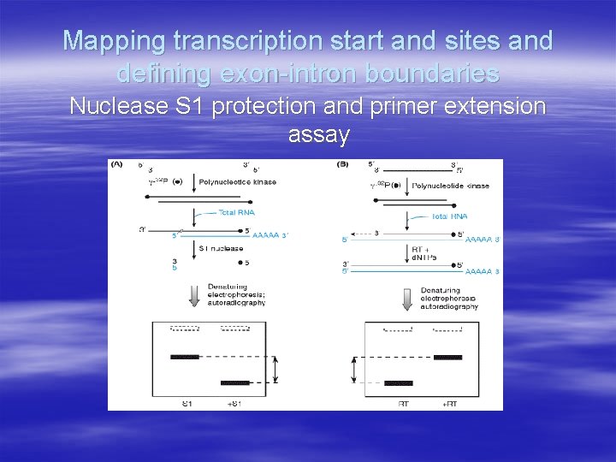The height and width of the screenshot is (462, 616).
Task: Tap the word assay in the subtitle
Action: (318, 134)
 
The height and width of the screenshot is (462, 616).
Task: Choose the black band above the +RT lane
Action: (447, 357)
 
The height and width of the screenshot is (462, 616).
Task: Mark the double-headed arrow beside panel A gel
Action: (275, 370)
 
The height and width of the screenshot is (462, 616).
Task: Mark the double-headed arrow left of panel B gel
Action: (353, 370)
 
